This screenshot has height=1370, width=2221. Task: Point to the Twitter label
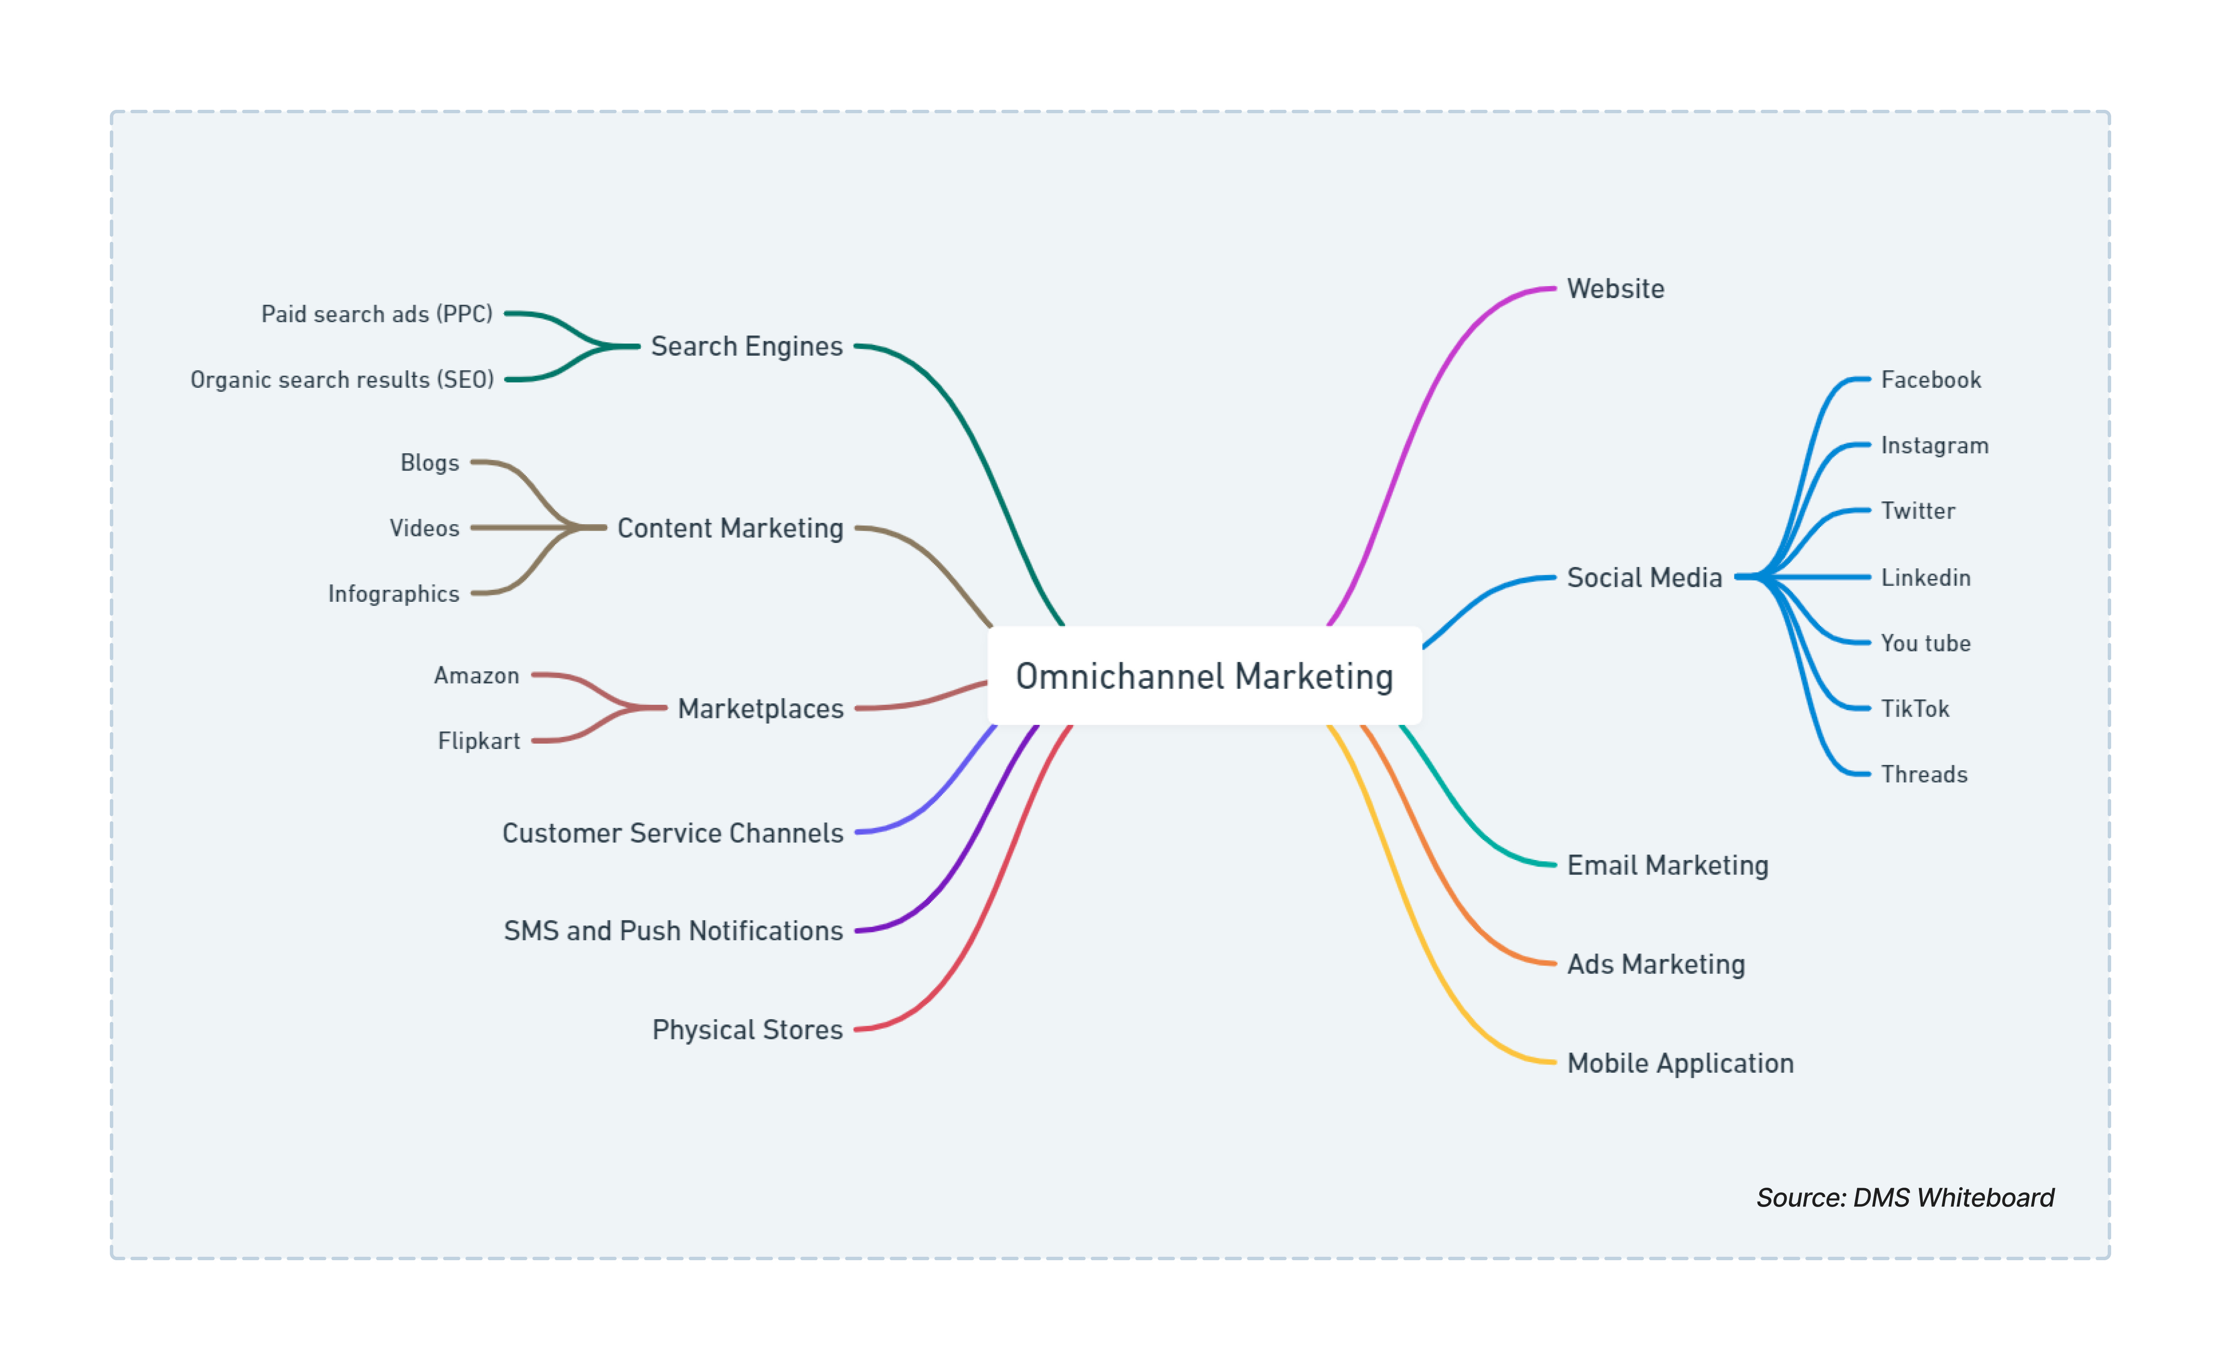(x=1918, y=511)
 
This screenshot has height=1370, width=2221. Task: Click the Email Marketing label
(x=1667, y=865)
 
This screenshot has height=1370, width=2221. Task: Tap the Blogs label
(x=430, y=463)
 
